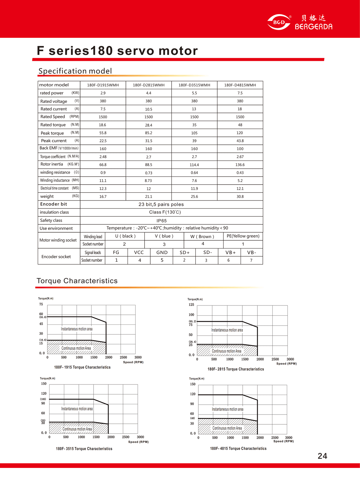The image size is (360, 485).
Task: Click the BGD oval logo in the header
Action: tap(279, 22)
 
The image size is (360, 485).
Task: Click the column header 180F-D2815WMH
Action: tap(148, 85)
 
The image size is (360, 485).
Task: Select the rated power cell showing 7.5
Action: tap(240, 93)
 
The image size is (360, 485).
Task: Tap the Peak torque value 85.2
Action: tap(148, 133)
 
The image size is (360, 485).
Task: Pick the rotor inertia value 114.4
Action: tap(194, 165)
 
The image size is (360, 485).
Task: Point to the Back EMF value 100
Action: tap(240, 149)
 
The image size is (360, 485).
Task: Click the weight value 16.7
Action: tap(103, 197)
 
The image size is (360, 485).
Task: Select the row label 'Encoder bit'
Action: tap(54, 204)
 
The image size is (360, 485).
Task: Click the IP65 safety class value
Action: tap(161, 221)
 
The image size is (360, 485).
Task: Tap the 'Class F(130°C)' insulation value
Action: tap(165, 212)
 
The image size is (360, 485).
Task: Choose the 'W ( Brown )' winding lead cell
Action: tap(202, 236)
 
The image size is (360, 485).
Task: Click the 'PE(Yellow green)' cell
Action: tap(243, 236)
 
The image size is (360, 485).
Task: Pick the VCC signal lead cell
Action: tap(139, 252)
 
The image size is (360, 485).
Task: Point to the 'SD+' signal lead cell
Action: tap(184, 252)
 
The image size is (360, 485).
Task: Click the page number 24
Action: tap(322, 456)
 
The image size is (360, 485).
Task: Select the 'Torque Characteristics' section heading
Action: tap(77, 281)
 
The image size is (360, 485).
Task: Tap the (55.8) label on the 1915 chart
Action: tap(43, 317)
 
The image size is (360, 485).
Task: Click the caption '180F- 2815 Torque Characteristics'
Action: tap(236, 369)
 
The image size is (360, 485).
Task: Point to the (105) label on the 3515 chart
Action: tap(43, 399)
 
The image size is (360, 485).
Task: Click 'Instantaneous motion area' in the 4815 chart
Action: tap(228, 409)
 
